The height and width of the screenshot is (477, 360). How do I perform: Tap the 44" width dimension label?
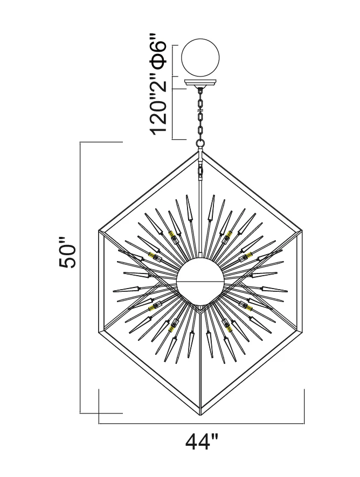point(202,441)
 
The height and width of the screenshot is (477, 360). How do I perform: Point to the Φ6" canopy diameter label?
point(158,53)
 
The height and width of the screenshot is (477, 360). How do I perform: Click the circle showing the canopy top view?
point(200,57)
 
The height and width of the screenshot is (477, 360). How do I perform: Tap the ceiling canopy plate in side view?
point(200,83)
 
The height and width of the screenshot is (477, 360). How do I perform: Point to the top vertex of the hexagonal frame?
point(200,151)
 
